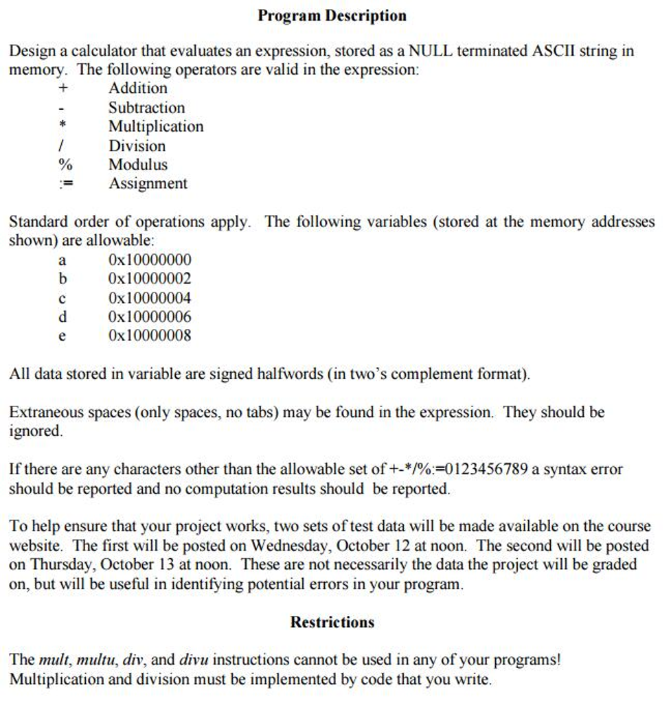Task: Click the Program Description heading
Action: coord(332,15)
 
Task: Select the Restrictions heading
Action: coord(332,622)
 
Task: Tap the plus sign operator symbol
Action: coord(62,89)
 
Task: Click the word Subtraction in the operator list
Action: coord(146,108)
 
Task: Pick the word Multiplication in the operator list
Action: coord(156,127)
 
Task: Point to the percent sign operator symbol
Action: coord(62,165)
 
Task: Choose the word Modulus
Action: coord(137,165)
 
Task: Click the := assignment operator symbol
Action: coord(62,184)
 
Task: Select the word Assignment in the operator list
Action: coord(148,184)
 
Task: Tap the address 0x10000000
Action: coord(150,260)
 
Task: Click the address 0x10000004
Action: coord(150,299)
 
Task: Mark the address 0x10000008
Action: coord(150,336)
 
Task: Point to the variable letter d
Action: coord(62,317)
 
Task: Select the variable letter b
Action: coord(62,279)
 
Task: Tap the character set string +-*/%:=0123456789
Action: coord(459,470)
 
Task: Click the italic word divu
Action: coord(194,660)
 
